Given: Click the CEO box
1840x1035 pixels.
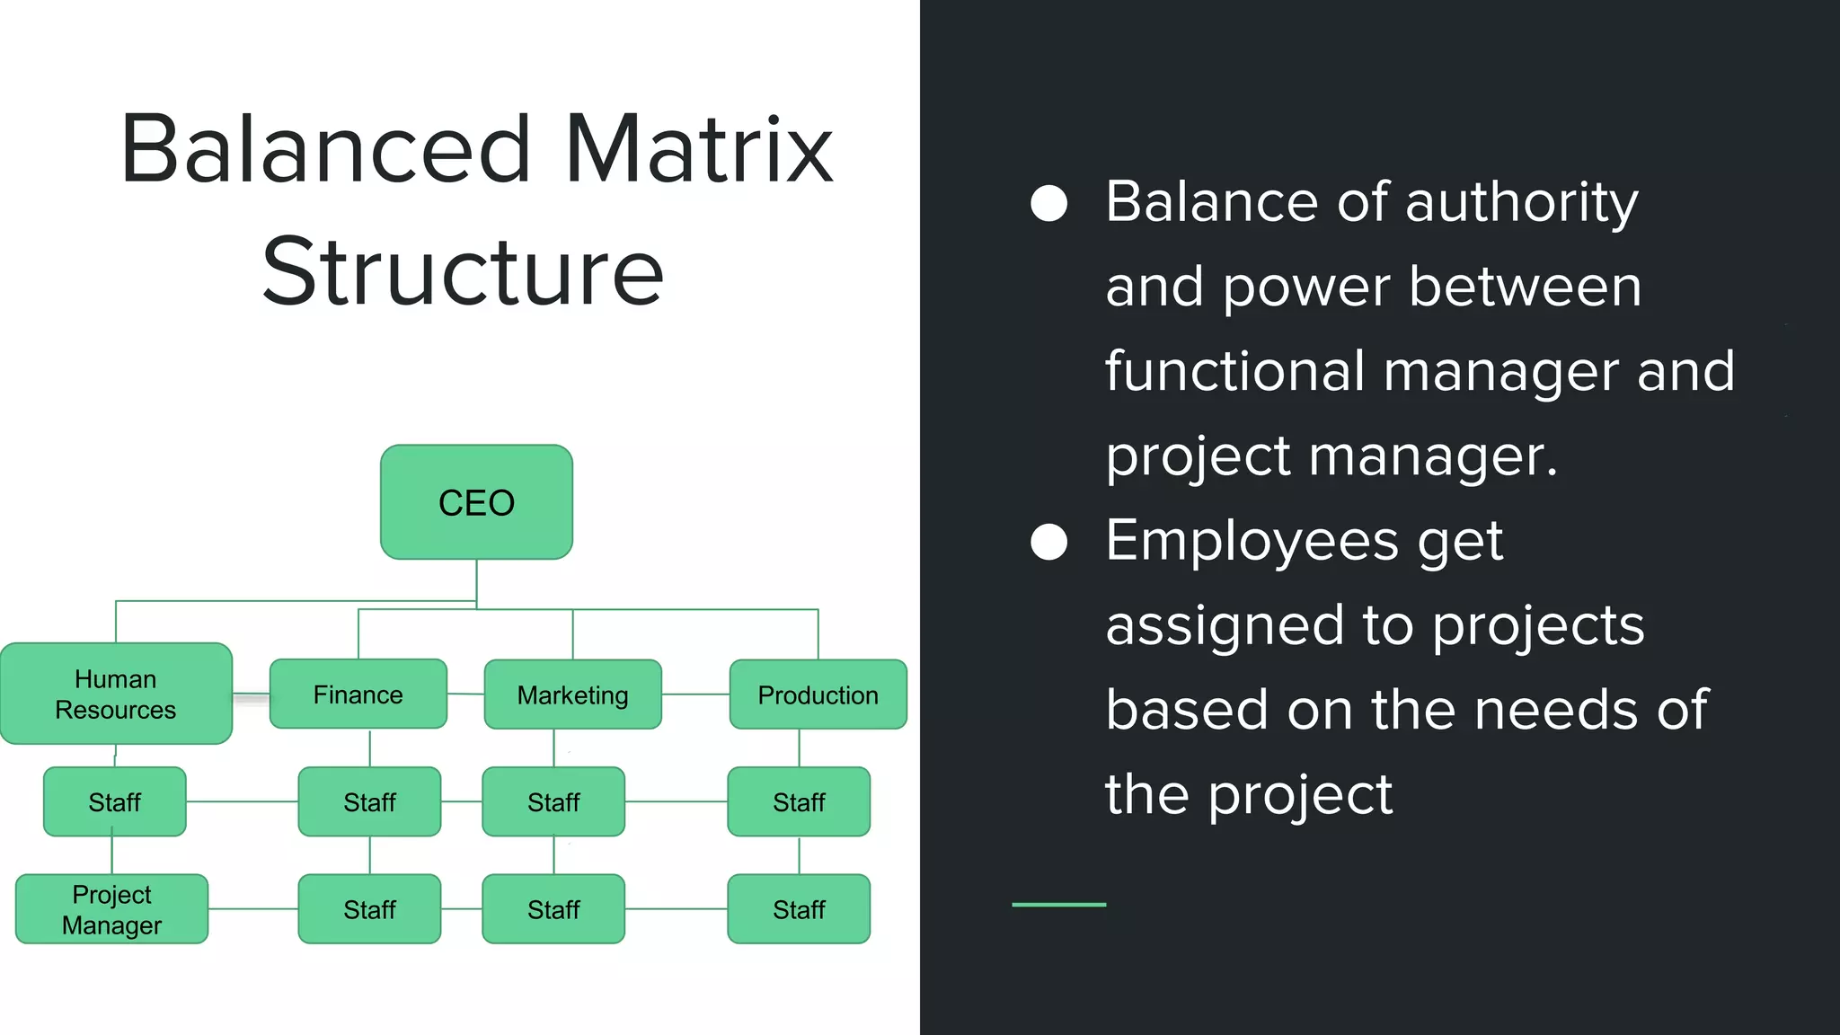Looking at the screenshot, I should [x=476, y=502].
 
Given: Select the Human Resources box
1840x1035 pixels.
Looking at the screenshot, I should [x=116, y=694].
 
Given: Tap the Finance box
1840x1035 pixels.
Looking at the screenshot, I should [x=358, y=694].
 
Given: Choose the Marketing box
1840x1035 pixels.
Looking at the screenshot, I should [x=572, y=694].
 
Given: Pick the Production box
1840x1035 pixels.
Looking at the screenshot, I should [x=818, y=694].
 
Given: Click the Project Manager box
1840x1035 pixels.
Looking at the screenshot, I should [x=111, y=909].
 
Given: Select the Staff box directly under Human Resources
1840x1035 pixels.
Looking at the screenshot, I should [x=114, y=801].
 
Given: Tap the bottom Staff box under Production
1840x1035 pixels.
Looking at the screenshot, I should [x=799, y=909].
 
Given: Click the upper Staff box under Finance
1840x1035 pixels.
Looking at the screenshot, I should [x=369, y=801].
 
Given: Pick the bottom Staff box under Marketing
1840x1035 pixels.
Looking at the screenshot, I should [x=553, y=909].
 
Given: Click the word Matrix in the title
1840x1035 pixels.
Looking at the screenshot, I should [x=699, y=150].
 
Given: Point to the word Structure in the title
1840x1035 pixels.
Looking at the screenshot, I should [x=463, y=272].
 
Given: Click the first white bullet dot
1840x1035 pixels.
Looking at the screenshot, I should [x=1048, y=203].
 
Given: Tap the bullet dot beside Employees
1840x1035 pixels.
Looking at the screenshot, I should [x=1048, y=542].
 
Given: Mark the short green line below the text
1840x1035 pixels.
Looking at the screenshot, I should [x=1058, y=905].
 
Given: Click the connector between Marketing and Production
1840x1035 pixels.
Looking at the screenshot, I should [x=695, y=694].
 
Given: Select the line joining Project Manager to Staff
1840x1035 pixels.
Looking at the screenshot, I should [x=252, y=909].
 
